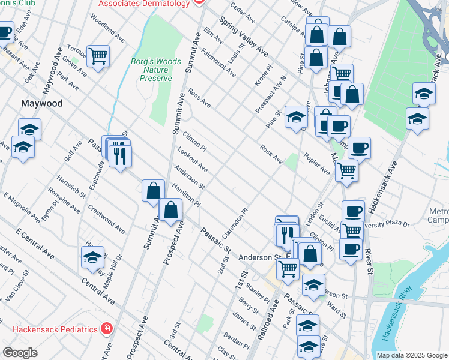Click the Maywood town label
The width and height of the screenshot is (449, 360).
[x=42, y=103]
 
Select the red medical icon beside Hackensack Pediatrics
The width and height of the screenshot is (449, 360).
[x=106, y=329]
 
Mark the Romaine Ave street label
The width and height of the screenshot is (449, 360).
[x=65, y=204]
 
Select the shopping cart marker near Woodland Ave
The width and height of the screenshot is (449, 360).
[x=98, y=56]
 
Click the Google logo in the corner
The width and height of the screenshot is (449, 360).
[x=20, y=353]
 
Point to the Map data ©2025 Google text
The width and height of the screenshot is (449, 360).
[x=412, y=355]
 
